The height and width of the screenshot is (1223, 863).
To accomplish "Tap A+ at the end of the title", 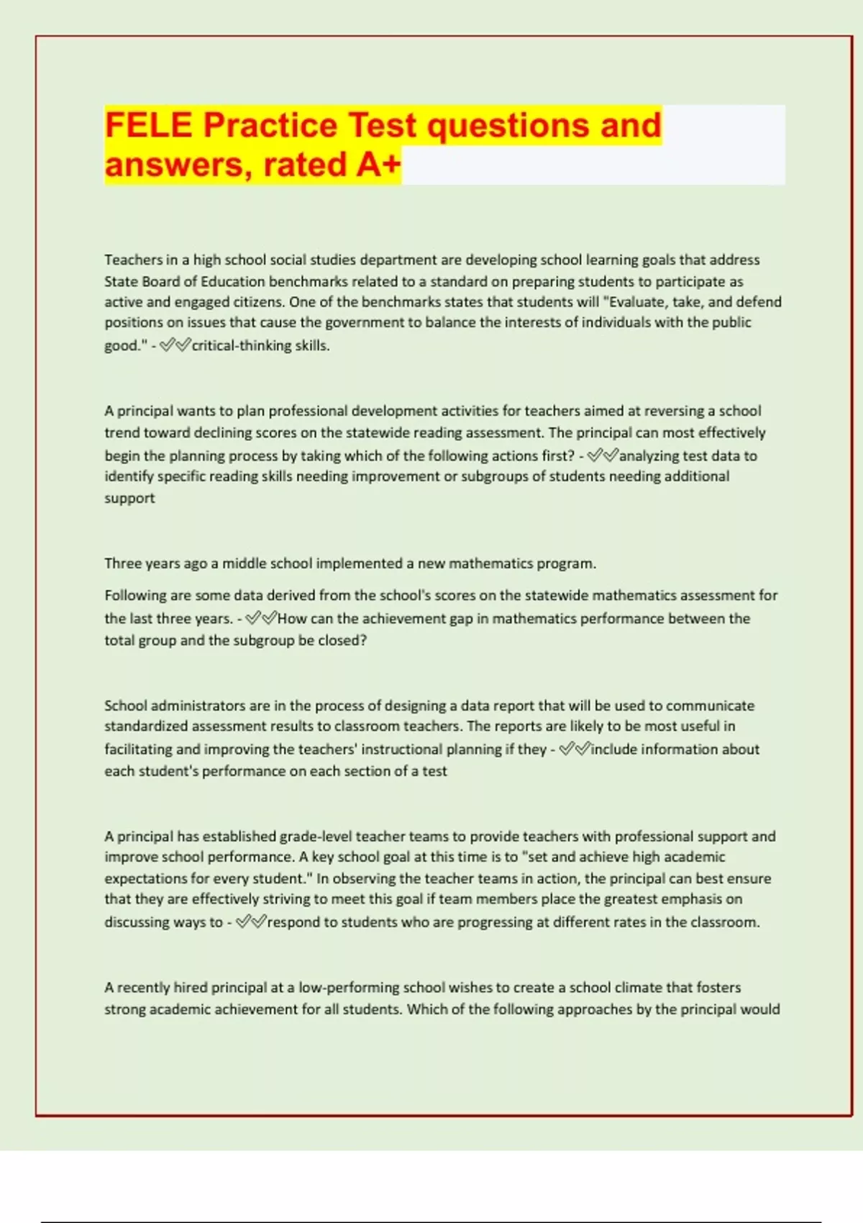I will [378, 165].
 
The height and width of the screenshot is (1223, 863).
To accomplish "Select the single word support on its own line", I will [129, 498].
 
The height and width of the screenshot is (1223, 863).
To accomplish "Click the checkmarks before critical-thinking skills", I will [175, 346].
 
